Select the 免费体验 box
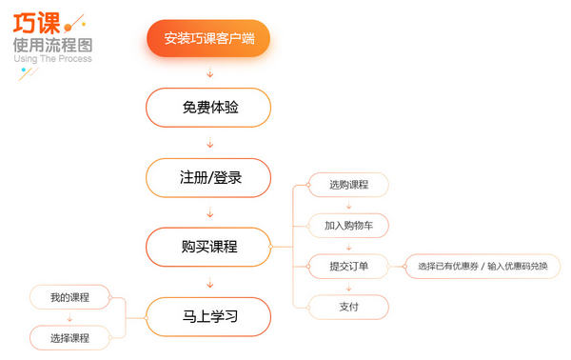pyautogui.click(x=208, y=108)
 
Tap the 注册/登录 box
pyautogui.click(x=208, y=177)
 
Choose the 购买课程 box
pyautogui.click(x=208, y=248)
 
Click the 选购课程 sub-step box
pyautogui.click(x=348, y=185)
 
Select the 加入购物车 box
pyautogui.click(x=348, y=225)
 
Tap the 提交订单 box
pyautogui.click(x=348, y=266)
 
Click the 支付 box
pyautogui.click(x=348, y=307)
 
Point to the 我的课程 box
pyautogui.click(x=69, y=297)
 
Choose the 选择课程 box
pyautogui.click(x=69, y=338)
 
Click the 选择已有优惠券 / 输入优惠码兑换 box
pyautogui.click(x=482, y=266)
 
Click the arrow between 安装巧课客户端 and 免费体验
pyautogui.click(x=209, y=73)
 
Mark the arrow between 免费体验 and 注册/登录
pyautogui.click(x=209, y=143)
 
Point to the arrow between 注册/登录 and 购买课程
pyautogui.click(x=209, y=212)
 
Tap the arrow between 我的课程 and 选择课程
pyautogui.click(x=69, y=317)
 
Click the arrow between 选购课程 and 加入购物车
pyautogui.click(x=348, y=205)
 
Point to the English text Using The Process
pyautogui.click(x=53, y=59)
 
